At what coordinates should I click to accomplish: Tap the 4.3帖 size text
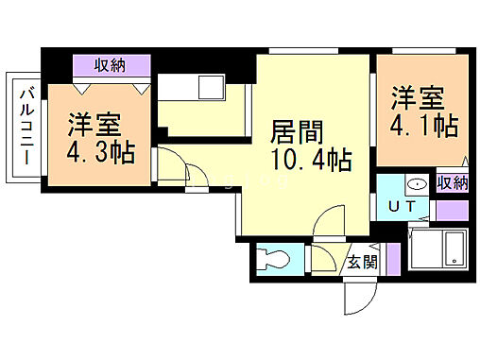click(x=100, y=152)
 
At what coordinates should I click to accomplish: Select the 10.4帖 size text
click(x=312, y=160)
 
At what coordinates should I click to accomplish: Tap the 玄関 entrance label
click(x=361, y=262)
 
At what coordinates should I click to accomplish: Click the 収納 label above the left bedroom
click(x=113, y=65)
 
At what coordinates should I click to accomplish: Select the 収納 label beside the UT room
click(x=454, y=182)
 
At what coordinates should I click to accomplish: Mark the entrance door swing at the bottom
click(x=359, y=297)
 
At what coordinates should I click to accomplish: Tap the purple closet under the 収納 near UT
click(x=454, y=210)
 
